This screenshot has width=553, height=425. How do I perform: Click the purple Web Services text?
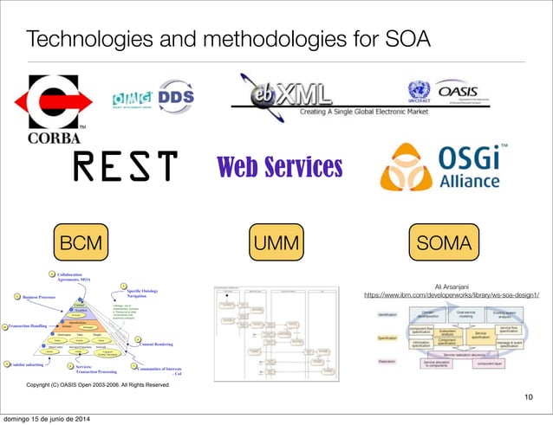(279, 165)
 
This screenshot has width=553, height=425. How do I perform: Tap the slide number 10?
(528, 396)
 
